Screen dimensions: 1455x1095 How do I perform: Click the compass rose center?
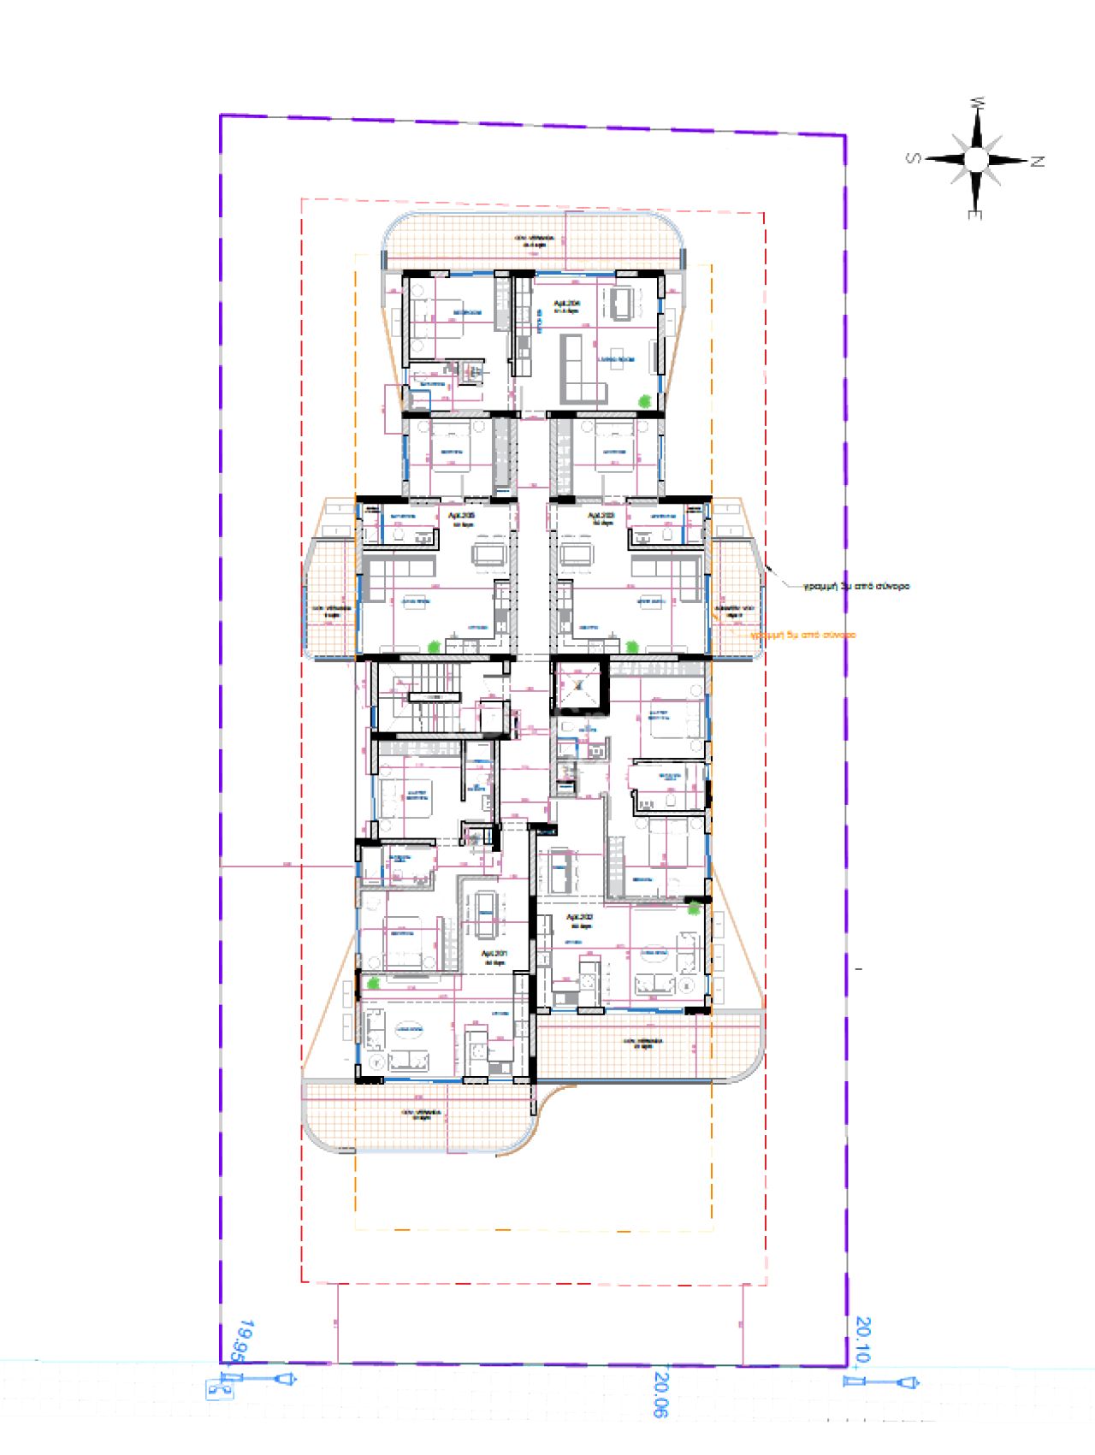[x=976, y=159]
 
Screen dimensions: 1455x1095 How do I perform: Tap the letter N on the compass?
[x=1038, y=161]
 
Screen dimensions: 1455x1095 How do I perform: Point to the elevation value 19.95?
[x=244, y=1340]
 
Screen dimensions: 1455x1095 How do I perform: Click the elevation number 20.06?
[x=660, y=1395]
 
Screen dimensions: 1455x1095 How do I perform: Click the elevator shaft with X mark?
[x=579, y=685]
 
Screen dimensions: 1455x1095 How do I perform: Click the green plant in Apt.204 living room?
[x=644, y=399]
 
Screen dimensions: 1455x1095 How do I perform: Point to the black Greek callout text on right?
[x=856, y=587]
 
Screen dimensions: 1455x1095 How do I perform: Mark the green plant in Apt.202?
[x=694, y=908]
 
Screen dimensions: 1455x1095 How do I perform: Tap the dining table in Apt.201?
[x=485, y=914]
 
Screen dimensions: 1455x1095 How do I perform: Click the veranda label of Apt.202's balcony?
[x=638, y=1044]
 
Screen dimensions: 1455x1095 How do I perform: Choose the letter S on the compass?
[x=914, y=158]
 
